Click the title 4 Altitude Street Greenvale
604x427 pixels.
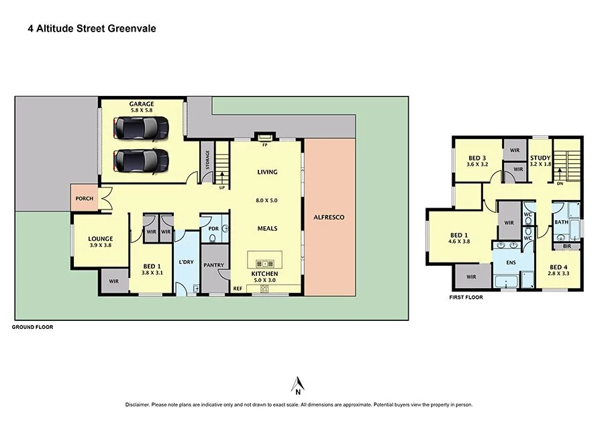92,29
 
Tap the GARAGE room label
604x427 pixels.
142,104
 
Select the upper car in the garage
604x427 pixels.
141,127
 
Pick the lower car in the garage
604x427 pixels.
141,160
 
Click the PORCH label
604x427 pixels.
84,198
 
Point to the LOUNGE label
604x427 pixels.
101,238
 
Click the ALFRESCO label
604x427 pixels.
329,217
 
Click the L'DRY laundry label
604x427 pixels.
186,261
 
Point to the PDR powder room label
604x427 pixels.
214,228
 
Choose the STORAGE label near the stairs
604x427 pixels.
207,162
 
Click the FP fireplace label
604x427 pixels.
265,144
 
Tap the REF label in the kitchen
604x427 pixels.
238,289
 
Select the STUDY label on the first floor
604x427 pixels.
540,158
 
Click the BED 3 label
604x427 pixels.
477,158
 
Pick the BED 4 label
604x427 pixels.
558,267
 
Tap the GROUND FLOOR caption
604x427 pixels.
32,327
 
